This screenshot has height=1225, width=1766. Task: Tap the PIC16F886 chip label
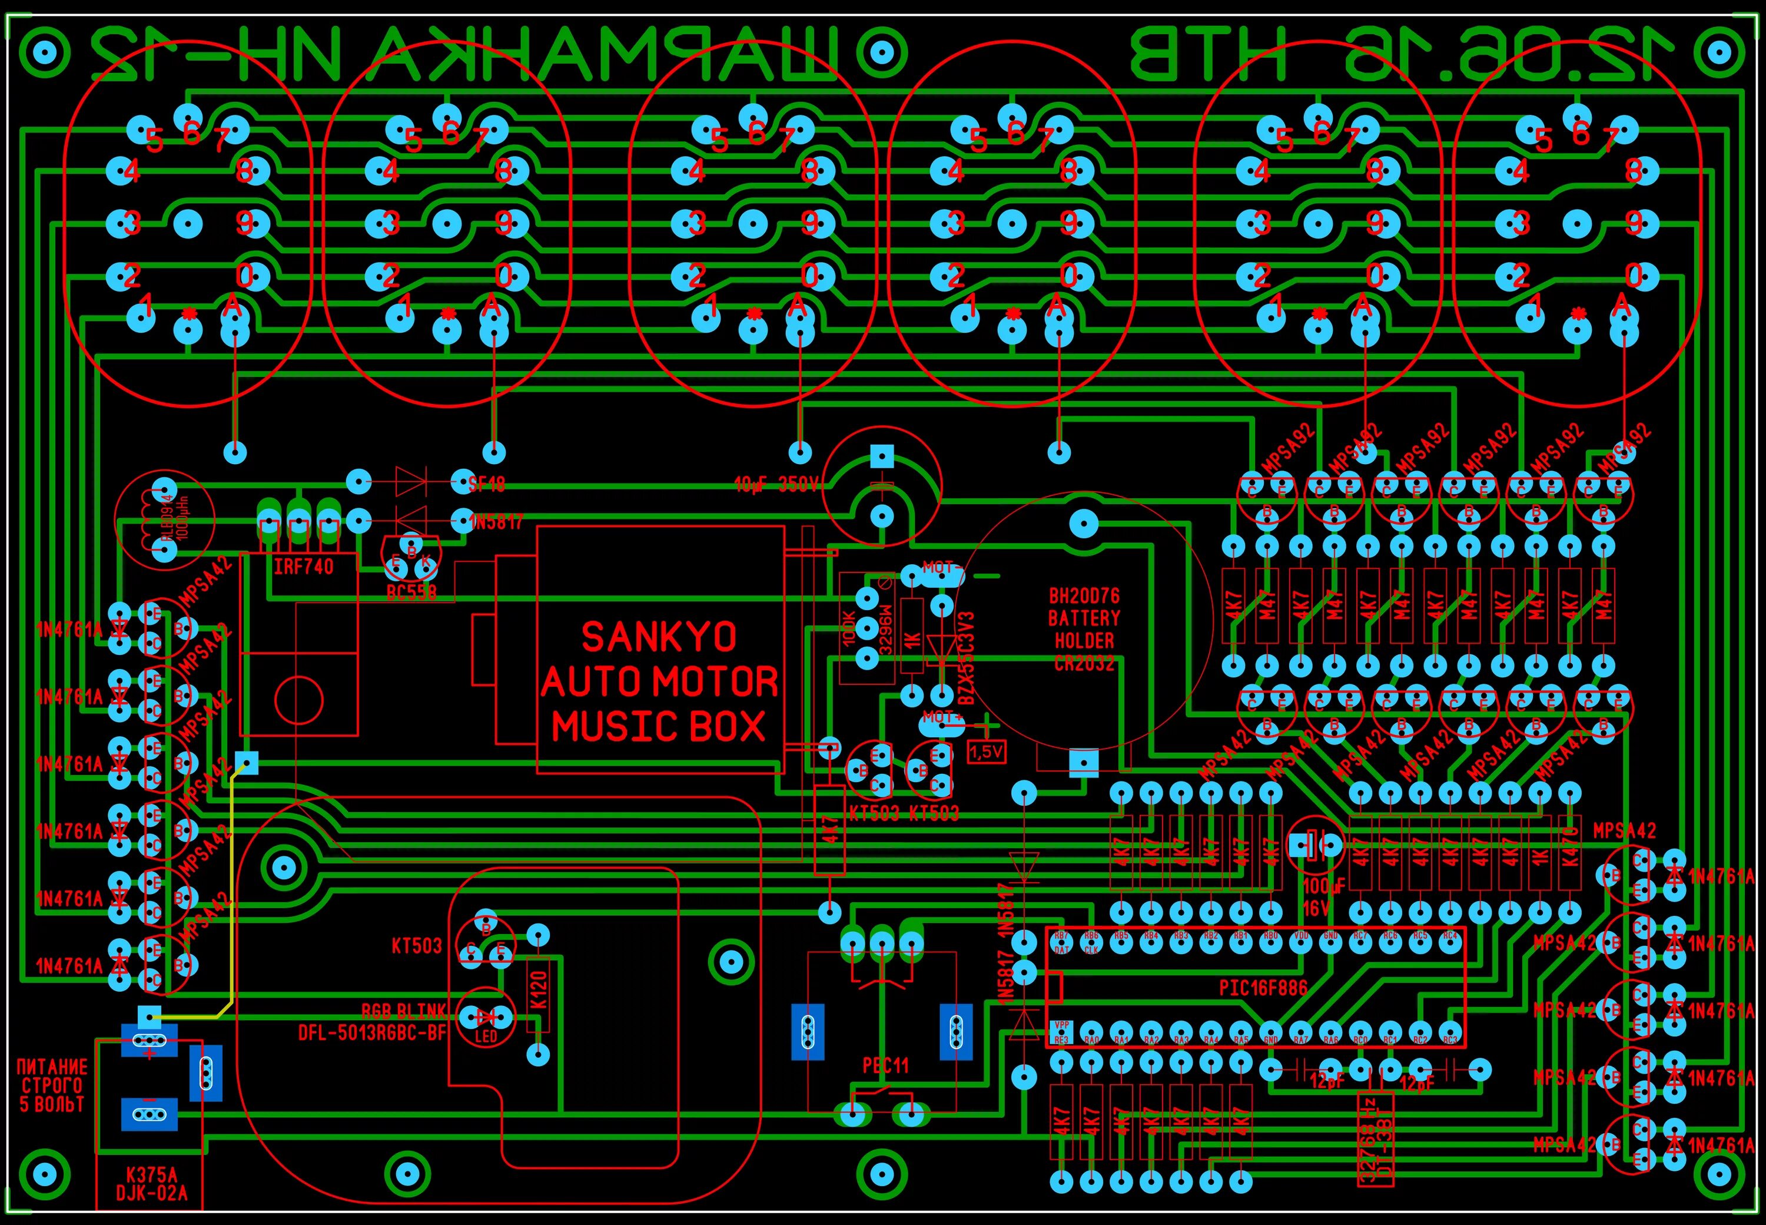[x=1263, y=987]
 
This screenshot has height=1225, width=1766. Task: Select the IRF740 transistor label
[x=304, y=567]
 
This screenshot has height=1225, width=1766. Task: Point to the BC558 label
[x=411, y=592]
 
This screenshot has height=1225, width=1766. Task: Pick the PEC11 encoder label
[x=885, y=1065]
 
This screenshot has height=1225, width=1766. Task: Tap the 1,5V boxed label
[x=987, y=752]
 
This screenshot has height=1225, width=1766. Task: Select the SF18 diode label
[x=486, y=484]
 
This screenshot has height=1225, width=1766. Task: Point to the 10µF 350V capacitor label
[x=776, y=485]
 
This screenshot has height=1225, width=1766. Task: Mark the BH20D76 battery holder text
[x=1084, y=595]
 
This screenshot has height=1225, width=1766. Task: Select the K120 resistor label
[x=539, y=990]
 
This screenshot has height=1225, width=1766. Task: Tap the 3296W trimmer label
[x=885, y=632]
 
